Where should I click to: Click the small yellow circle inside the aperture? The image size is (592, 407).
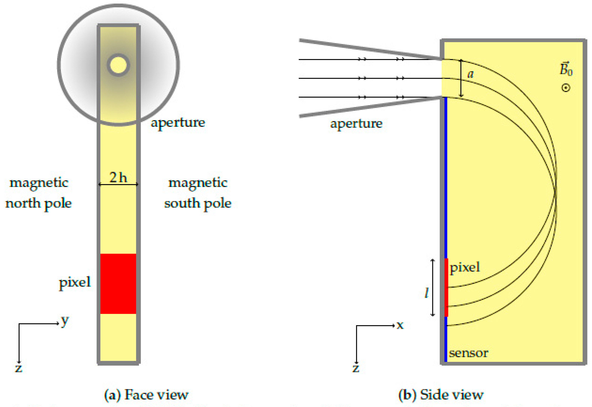point(118,65)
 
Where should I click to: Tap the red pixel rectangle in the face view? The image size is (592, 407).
point(118,284)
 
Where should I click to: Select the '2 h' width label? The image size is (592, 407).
point(118,177)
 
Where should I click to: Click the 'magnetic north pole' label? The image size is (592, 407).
point(38,193)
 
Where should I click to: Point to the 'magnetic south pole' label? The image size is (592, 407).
point(198,193)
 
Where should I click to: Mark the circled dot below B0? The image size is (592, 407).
point(566,88)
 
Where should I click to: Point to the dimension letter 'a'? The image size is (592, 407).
point(470,74)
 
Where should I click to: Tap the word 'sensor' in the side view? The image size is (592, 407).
point(468,353)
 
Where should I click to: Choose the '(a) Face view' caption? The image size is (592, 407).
point(146,395)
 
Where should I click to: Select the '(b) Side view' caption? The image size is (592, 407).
point(441,395)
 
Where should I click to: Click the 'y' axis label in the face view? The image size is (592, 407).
point(65,321)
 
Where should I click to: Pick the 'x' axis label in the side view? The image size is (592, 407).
point(400,325)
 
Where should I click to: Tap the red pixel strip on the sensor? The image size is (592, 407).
point(446,287)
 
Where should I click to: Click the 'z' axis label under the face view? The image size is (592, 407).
point(19,368)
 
